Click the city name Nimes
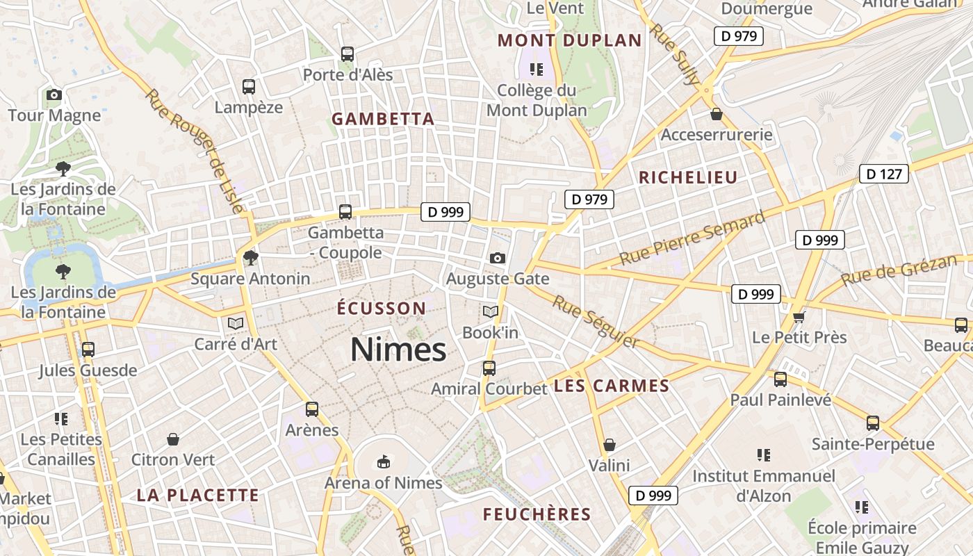[398, 349]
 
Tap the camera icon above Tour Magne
[54, 95]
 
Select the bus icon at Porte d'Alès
[347, 54]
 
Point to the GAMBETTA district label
[383, 119]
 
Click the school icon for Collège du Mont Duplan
[536, 69]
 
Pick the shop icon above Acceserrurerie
[717, 114]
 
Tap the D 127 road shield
[884, 174]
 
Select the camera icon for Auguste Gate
[497, 259]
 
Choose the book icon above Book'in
[491, 312]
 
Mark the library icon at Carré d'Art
[236, 323]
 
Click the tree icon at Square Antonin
[251, 259]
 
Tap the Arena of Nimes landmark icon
[383, 461]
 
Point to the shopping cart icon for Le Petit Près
[799, 318]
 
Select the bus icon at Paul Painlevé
[780, 379]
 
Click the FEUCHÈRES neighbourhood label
[537, 514]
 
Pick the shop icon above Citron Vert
[173, 439]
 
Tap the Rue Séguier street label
[595, 321]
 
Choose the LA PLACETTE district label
[197, 496]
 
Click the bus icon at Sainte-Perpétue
[873, 423]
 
